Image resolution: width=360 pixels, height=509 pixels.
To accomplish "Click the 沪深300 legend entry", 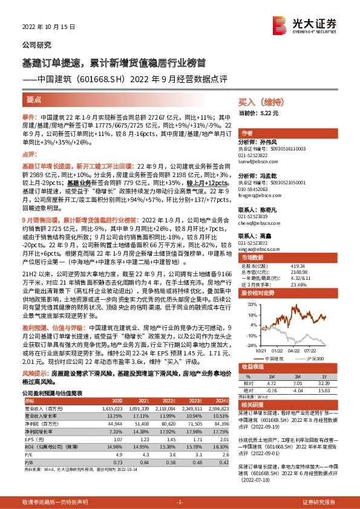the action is click(309, 358).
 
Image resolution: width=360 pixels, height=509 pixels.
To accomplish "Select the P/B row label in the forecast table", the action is click(28, 444).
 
